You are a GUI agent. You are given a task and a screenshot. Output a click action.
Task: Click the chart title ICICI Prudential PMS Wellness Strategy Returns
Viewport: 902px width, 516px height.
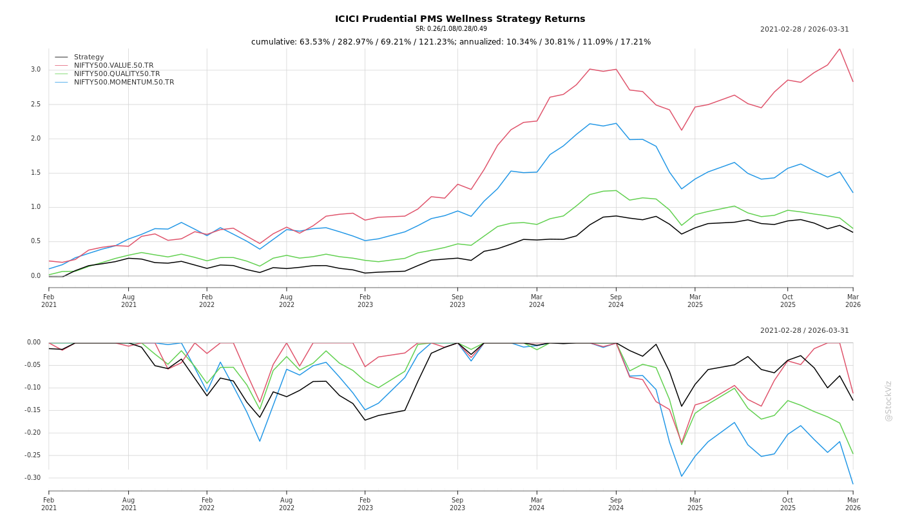pos(460,19)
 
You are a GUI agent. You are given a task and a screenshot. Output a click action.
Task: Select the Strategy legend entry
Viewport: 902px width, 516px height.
pos(89,57)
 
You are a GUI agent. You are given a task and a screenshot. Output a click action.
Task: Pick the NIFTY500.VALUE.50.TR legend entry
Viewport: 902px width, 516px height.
pos(113,66)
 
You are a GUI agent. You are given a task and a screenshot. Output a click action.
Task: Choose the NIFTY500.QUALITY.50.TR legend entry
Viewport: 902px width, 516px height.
pos(117,74)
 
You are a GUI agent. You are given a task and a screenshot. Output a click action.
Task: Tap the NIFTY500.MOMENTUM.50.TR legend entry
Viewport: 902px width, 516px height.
pos(124,83)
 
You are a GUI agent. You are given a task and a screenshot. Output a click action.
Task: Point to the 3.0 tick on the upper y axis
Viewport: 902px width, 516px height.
pos(35,70)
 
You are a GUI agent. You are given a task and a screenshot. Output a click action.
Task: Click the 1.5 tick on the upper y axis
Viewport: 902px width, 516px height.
pos(35,173)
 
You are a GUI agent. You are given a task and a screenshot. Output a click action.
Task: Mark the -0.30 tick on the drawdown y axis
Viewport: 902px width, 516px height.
pos(34,478)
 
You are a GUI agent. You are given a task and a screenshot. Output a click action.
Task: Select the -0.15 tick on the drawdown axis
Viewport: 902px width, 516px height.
pos(34,410)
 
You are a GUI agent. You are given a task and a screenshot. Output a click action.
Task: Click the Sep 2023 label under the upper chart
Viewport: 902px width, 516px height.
pos(457,301)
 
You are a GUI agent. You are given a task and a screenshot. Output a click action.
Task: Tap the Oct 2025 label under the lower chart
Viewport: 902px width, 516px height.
pos(788,504)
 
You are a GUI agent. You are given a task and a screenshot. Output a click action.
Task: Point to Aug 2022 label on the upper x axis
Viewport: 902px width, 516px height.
pos(287,301)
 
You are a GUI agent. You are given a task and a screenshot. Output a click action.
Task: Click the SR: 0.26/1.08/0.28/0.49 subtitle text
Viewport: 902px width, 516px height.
pos(451,29)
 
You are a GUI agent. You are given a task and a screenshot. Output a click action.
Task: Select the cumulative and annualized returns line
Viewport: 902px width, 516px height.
pos(451,42)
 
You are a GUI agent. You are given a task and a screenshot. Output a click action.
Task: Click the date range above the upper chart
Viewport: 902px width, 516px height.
pos(804,30)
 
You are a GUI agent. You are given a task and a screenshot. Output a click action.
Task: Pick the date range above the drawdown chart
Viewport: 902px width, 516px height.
pos(804,331)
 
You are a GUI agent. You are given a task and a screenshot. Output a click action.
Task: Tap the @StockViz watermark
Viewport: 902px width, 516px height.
pos(888,401)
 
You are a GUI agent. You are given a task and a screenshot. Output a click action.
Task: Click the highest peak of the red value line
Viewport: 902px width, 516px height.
pos(840,49)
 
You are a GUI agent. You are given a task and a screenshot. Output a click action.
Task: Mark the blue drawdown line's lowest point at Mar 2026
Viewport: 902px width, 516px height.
pos(853,484)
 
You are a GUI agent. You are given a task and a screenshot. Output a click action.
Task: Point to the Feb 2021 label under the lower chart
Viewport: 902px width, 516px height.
pos(49,504)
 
